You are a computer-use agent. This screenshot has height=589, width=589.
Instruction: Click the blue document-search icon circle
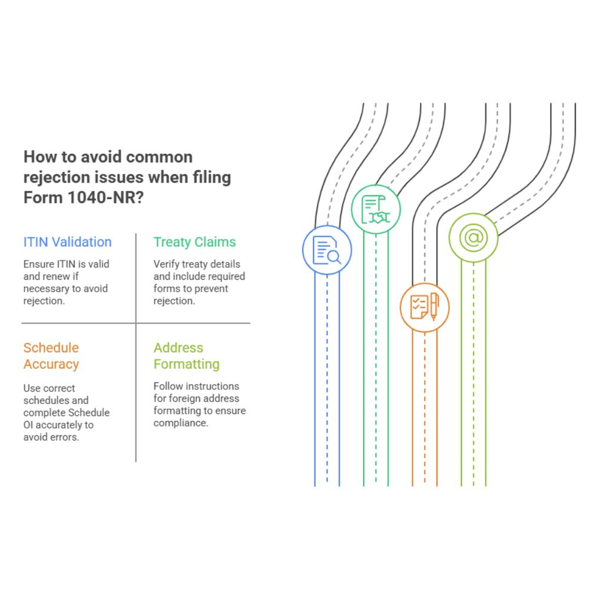327,250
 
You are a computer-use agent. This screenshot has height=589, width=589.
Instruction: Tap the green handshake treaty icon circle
376,210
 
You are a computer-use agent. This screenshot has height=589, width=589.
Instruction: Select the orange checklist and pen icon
425,307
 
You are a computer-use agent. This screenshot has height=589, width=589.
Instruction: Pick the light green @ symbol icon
474,238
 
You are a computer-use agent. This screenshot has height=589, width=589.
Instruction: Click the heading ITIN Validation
67,242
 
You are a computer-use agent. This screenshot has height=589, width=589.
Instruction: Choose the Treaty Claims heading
194,242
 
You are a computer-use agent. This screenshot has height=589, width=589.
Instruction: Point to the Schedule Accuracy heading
51,356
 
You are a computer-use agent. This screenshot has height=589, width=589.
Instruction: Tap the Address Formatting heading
186,356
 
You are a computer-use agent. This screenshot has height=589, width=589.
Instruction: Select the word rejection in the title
55,177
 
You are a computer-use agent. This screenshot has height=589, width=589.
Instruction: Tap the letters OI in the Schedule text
29,425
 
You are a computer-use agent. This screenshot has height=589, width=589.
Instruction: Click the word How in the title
37,157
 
